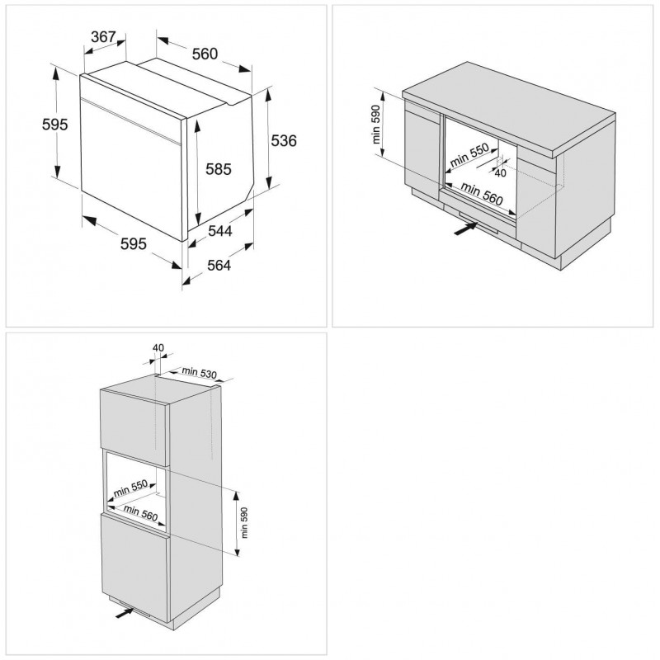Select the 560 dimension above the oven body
204,54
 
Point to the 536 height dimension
283,140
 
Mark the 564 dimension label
218,265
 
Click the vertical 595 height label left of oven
31,123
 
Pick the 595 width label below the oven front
134,243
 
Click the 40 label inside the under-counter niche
500,172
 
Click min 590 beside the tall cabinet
244,520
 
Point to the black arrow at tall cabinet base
123,612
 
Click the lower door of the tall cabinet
134,561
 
